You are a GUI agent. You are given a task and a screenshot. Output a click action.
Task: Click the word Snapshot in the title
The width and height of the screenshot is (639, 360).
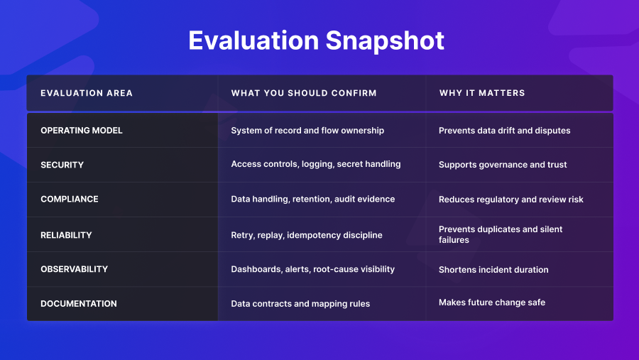click(x=385, y=40)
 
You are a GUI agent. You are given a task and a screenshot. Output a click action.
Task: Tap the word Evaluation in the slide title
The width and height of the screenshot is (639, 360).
click(x=253, y=40)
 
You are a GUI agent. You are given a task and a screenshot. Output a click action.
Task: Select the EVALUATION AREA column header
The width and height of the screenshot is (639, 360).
click(x=87, y=93)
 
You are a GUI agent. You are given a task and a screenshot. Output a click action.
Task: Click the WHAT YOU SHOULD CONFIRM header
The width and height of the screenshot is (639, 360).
click(x=304, y=93)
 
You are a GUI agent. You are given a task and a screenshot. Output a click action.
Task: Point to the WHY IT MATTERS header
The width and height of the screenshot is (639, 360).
click(x=482, y=93)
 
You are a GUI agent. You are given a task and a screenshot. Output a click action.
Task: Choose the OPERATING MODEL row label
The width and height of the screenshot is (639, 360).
click(x=82, y=131)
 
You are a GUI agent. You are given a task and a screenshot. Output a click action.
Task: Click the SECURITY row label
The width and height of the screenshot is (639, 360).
click(x=62, y=165)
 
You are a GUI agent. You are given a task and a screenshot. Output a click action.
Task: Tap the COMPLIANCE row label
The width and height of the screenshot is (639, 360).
click(x=70, y=199)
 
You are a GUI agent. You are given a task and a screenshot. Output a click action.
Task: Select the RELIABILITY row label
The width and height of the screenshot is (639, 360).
click(x=66, y=235)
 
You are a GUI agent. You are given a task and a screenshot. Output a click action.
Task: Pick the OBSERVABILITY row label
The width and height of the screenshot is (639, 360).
click(x=74, y=269)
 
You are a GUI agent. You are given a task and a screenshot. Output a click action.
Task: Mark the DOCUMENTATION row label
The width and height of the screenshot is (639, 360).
click(x=79, y=304)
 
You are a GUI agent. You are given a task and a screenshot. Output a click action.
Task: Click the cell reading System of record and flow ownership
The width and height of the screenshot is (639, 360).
click(x=307, y=131)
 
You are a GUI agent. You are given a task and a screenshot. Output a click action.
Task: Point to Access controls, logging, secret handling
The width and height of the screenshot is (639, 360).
click(x=316, y=164)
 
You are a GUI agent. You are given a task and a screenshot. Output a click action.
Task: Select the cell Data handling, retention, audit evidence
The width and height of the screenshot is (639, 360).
click(x=313, y=199)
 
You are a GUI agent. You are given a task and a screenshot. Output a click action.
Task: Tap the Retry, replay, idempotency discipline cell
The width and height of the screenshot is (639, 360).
click(x=307, y=235)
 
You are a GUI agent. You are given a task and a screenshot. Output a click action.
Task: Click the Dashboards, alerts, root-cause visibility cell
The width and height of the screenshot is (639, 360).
click(x=313, y=270)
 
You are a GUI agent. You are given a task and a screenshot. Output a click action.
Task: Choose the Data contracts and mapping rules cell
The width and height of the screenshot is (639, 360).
click(x=300, y=304)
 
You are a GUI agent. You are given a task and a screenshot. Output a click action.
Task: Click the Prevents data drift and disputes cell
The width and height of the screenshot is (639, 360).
click(x=505, y=131)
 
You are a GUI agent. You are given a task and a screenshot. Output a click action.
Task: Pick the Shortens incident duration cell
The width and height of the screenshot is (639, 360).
click(x=493, y=270)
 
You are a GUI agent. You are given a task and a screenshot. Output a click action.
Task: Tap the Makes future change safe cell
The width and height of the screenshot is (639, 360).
click(x=492, y=302)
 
